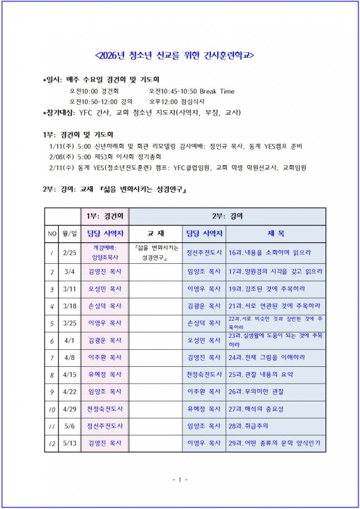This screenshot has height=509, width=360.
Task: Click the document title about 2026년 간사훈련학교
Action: tap(174, 56)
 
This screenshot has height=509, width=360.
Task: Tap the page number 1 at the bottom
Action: tap(180, 480)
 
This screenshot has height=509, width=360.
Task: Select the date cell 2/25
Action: tap(69, 253)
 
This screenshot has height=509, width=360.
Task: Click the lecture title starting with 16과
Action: tap(270, 253)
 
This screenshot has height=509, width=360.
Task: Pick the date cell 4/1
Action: tap(69, 340)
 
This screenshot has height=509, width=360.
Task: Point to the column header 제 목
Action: tap(275, 234)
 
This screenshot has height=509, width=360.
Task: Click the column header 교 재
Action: tap(155, 234)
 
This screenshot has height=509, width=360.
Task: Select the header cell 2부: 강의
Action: tap(227, 216)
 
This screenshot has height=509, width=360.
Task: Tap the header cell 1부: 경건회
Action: tap(105, 216)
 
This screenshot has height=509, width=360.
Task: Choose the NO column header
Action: tap(52, 234)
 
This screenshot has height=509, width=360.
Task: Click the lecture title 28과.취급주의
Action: tap(248, 426)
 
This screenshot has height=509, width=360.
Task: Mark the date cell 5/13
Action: tap(69, 443)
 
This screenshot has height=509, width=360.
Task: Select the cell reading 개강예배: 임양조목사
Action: tap(105, 253)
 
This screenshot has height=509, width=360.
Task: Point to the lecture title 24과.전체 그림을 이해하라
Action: tap(267, 357)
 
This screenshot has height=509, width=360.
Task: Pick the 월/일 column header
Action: tap(69, 234)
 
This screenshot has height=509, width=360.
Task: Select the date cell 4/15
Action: tap(69, 375)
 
